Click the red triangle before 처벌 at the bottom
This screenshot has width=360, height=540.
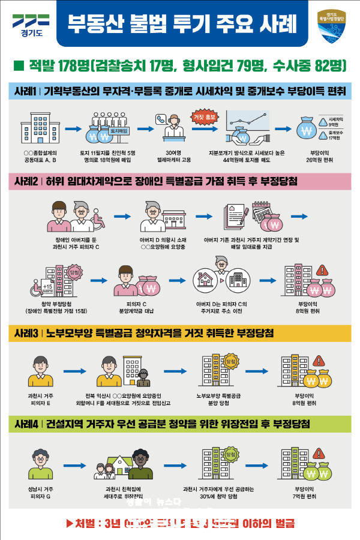click(x=68, y=523)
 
